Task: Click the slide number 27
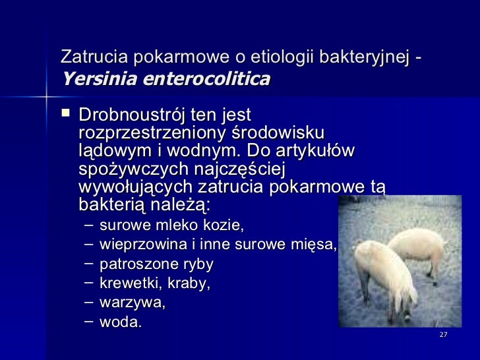pyautogui.click(x=443, y=335)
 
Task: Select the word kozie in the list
pyautogui.click(x=225, y=225)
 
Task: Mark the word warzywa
pyautogui.click(x=132, y=303)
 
